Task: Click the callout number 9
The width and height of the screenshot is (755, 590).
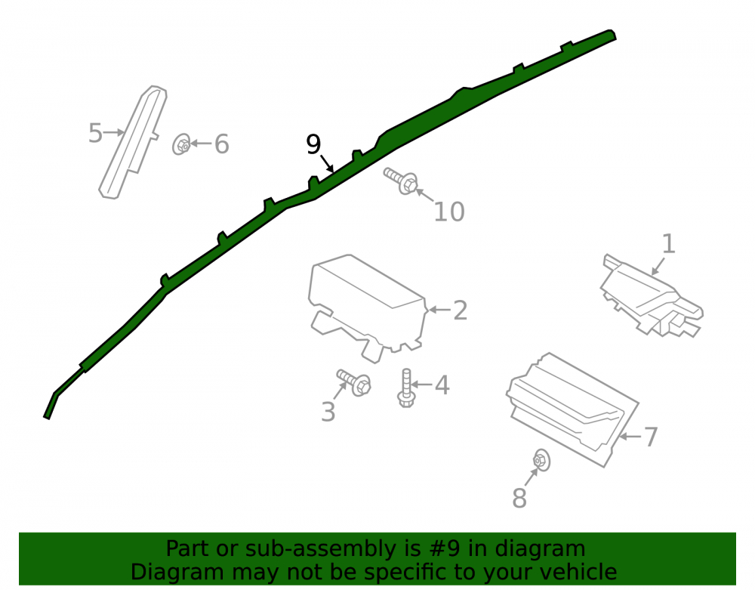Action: pos(313,144)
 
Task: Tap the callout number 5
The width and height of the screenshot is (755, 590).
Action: pos(95,133)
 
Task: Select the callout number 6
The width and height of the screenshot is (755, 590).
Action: pos(221,144)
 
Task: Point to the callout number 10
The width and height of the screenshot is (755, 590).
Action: pos(448,212)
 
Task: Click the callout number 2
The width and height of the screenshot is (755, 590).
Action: pos(461,310)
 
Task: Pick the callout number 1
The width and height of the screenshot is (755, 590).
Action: pos(668,244)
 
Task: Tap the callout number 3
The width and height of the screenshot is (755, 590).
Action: pos(328,412)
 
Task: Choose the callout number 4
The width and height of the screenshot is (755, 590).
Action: pos(442,385)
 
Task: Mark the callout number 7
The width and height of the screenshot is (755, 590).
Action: pos(651,437)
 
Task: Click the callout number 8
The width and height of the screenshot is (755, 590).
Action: pos(519,498)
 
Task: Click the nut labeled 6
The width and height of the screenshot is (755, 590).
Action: pos(181,144)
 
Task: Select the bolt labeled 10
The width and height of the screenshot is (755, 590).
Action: pos(401,181)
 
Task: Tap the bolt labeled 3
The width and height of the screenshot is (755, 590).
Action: pos(354,382)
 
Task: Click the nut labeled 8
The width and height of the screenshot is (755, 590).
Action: pos(541,460)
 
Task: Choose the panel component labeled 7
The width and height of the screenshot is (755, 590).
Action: pos(573,409)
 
